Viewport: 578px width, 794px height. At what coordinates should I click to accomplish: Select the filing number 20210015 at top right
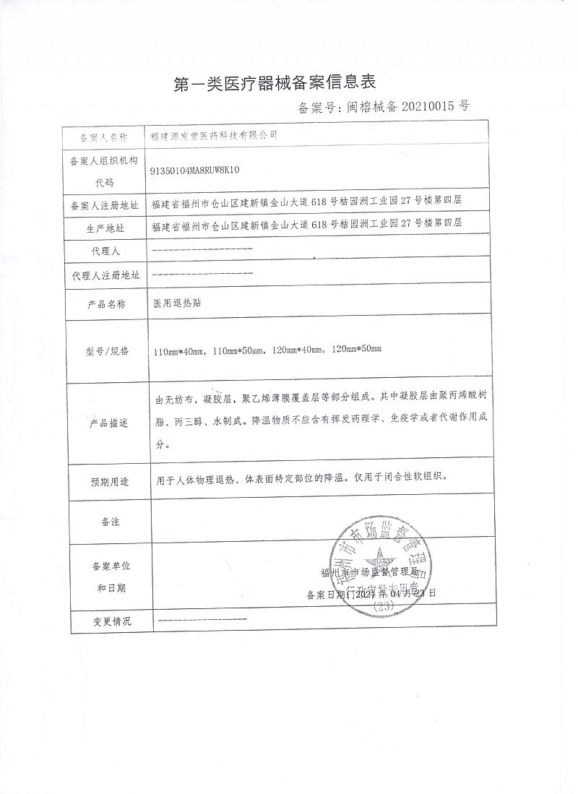tap(420, 108)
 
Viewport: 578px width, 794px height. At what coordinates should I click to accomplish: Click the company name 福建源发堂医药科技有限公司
tap(213, 136)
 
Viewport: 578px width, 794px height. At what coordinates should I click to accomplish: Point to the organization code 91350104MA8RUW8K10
tap(194, 171)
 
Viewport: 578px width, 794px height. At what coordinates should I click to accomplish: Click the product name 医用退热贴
tap(177, 304)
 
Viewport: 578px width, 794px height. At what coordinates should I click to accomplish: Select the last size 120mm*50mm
tap(355, 351)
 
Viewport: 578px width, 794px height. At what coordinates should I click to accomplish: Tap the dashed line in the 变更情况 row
tap(202, 620)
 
